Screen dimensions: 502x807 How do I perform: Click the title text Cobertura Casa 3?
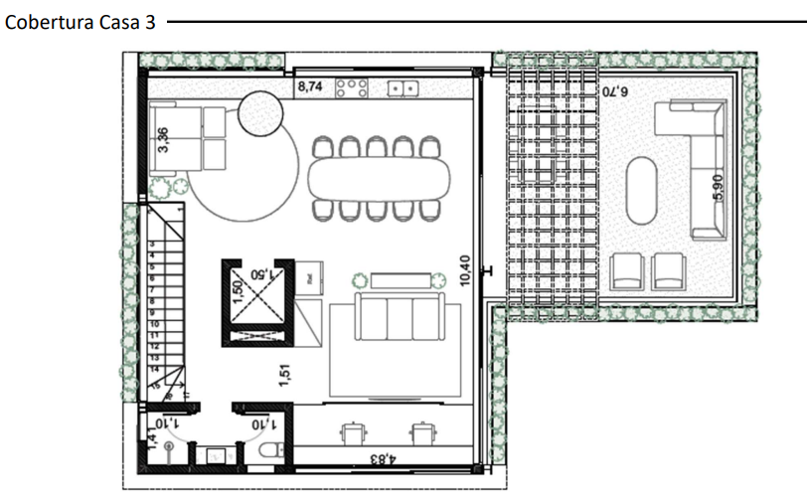click(x=81, y=23)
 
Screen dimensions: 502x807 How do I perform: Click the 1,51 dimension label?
click(x=284, y=373)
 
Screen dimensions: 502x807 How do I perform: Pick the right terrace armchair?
click(x=668, y=270)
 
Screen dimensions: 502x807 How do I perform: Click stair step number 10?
click(x=155, y=324)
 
